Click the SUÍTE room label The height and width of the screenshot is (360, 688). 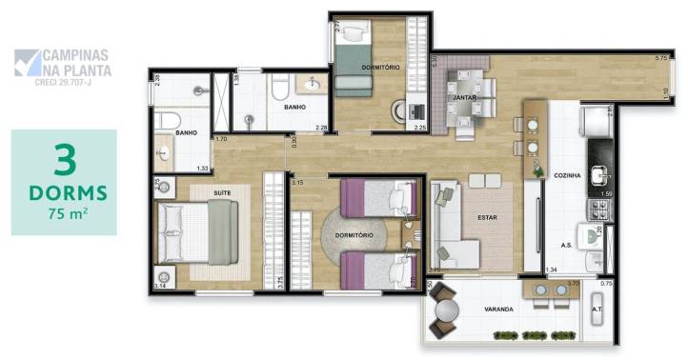click(222, 192)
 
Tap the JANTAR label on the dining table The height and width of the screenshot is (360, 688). click(464, 97)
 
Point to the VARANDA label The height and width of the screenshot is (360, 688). click(497, 310)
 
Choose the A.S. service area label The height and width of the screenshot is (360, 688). click(565, 245)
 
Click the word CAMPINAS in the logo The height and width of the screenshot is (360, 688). click(77, 56)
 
